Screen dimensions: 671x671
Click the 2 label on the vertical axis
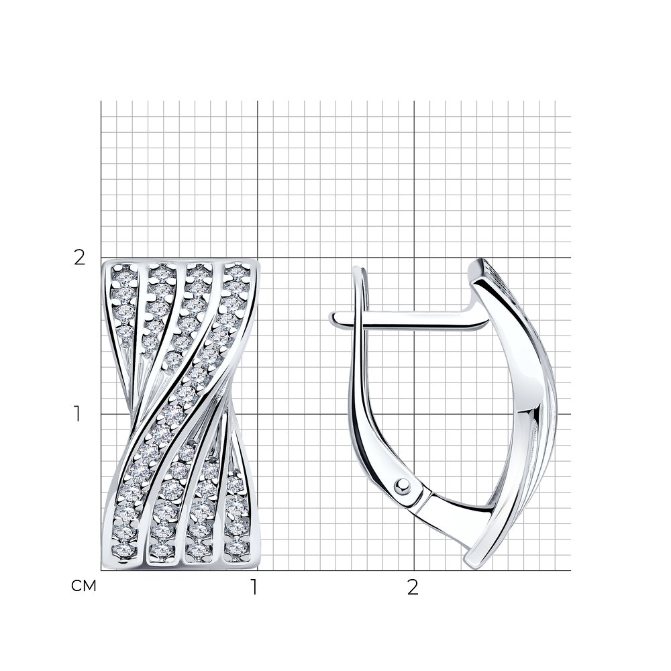80,258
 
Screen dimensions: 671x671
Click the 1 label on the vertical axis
77,414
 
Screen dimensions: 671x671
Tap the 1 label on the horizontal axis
254,588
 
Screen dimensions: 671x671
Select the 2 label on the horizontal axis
413,588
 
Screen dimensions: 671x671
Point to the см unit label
84,586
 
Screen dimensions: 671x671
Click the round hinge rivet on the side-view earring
402,485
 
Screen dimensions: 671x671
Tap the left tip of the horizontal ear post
331,318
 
